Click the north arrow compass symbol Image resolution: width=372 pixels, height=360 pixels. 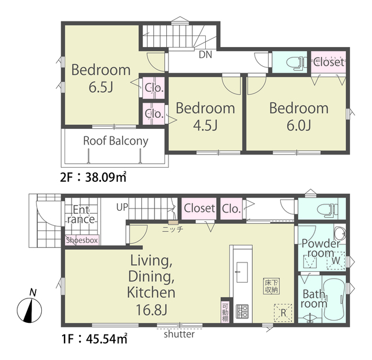click(x=30, y=310)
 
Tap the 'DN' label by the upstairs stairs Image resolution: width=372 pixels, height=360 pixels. click(x=205, y=55)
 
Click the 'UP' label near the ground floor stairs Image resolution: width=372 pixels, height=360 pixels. click(x=122, y=207)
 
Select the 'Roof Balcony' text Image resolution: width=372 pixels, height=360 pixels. click(x=116, y=141)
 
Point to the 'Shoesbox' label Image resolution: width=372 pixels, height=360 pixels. click(x=82, y=240)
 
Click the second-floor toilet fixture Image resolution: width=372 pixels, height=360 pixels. click(x=295, y=63)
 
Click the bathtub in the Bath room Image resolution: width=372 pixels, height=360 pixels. click(x=334, y=299)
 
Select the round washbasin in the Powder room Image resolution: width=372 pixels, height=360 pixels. click(x=339, y=233)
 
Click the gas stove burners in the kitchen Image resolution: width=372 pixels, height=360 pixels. click(x=242, y=311)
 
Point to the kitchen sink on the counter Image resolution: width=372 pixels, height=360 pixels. click(x=242, y=272)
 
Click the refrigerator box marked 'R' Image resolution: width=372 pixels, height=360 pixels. click(x=283, y=312)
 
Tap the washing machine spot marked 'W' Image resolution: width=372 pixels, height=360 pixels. click(x=336, y=260)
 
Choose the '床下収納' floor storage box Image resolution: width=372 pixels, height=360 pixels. click(x=271, y=286)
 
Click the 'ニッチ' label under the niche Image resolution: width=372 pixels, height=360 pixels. click(x=173, y=229)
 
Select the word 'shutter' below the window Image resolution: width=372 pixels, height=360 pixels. click(x=179, y=334)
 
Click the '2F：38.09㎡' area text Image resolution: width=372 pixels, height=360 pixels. click(x=93, y=177)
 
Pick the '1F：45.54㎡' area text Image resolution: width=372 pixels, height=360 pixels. click(x=94, y=339)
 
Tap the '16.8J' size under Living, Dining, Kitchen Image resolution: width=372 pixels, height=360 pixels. click(x=151, y=309)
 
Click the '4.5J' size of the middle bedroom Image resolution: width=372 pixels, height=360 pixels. click(x=205, y=125)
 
